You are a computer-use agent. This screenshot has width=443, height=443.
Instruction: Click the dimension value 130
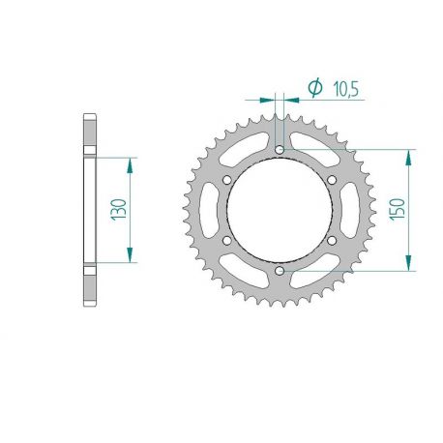(119, 209)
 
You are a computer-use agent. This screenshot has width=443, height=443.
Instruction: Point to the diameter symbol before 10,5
(313, 88)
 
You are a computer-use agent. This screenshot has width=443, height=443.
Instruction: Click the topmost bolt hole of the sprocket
(280, 150)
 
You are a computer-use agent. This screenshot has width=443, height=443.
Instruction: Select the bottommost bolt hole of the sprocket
(280, 272)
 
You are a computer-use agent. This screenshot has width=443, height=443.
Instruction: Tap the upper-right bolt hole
(332, 180)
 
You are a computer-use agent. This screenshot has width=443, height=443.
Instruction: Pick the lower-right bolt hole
(332, 241)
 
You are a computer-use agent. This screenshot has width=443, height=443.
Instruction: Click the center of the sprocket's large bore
(280, 211)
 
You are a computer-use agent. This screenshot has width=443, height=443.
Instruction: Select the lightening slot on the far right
(356, 211)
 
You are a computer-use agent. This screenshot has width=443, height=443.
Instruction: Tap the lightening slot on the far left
(203, 211)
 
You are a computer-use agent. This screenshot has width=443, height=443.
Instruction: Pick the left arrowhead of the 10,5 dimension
(271, 98)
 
